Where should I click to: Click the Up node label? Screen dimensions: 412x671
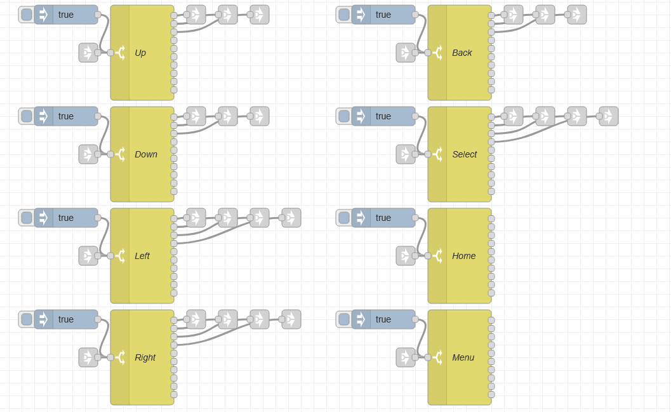[x=140, y=53]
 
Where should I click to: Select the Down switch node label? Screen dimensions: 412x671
[x=146, y=154]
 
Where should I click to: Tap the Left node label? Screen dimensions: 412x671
[x=142, y=256]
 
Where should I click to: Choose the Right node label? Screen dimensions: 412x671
[x=145, y=357]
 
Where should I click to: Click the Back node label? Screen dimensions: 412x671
[x=462, y=53]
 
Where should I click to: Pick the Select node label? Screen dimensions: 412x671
[x=464, y=154]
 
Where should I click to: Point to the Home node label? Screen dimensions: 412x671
[x=463, y=256]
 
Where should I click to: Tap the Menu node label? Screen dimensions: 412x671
[x=463, y=357]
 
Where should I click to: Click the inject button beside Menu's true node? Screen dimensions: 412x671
[x=344, y=319]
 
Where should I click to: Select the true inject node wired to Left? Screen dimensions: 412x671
[x=66, y=218]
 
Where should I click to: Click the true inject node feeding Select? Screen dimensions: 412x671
[x=383, y=116]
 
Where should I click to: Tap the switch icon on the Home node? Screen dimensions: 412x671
[x=437, y=256]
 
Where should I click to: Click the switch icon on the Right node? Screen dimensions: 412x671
[x=120, y=357]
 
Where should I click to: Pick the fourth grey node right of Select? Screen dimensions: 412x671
[x=609, y=116]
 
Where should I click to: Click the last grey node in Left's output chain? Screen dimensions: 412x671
[x=291, y=218]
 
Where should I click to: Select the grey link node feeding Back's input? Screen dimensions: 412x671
[x=406, y=53]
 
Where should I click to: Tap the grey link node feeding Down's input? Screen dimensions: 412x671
[x=88, y=154]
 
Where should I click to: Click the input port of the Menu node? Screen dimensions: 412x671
[x=428, y=357]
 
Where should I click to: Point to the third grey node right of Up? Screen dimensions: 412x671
[x=260, y=15]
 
